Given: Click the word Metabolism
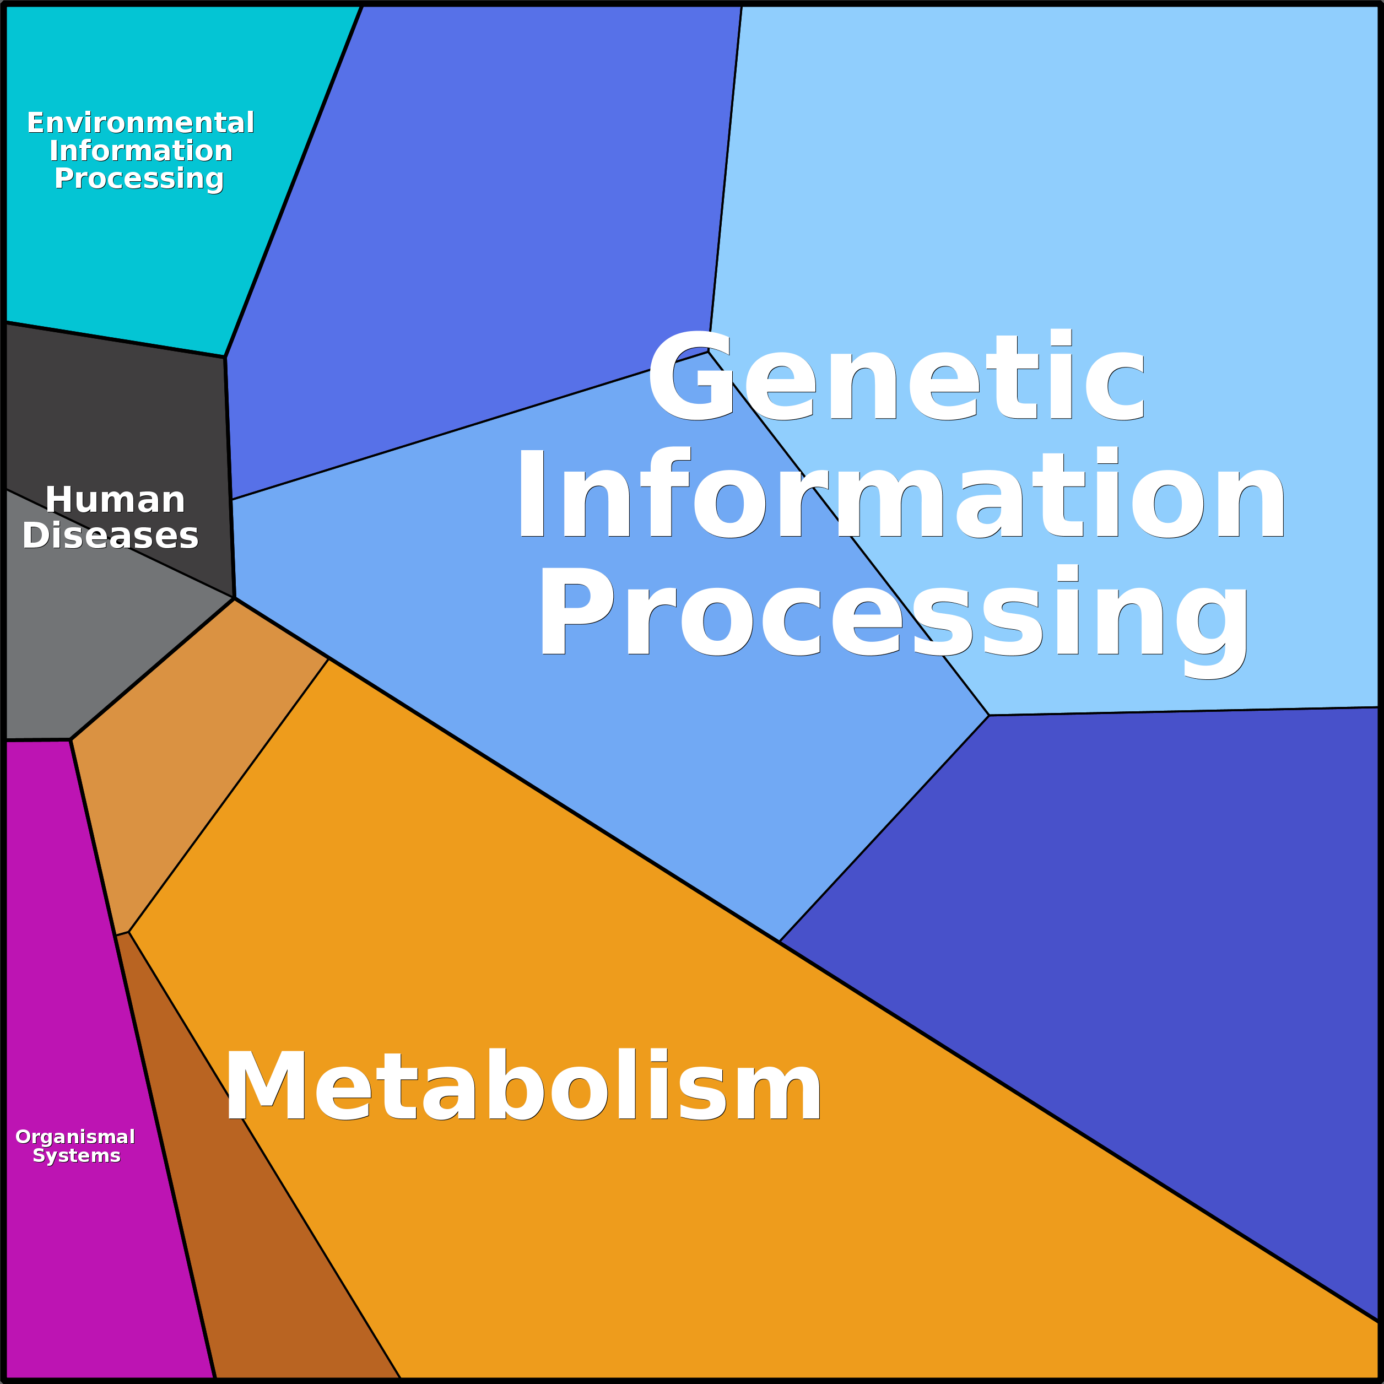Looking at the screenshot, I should pyautogui.click(x=523, y=1086).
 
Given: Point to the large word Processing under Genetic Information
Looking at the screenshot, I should pyautogui.click(x=893, y=613).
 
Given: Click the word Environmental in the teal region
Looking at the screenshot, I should pyautogui.click(x=140, y=123).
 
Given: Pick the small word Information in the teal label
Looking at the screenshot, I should pyautogui.click(x=140, y=151).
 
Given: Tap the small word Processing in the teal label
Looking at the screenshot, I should pyautogui.click(x=139, y=179).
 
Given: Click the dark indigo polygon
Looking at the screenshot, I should pyautogui.click(x=1146, y=931).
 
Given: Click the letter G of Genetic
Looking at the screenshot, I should pyautogui.click(x=689, y=377).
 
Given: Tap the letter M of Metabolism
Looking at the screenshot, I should pyautogui.click(x=265, y=1086).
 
